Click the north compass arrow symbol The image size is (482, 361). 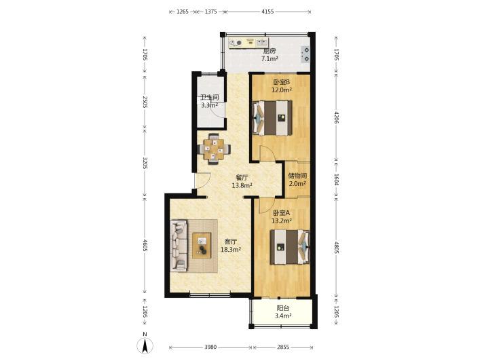(x=145, y=345)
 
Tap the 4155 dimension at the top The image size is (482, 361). (x=267, y=12)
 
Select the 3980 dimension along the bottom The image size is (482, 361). (x=210, y=347)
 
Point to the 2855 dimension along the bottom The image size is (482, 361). (x=283, y=347)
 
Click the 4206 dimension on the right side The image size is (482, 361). (x=336, y=117)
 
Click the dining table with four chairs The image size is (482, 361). (x=215, y=149)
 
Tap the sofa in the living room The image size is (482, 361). (x=179, y=246)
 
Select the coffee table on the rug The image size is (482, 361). (x=202, y=245)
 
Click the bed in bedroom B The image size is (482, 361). (x=272, y=117)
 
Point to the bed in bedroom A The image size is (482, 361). (x=290, y=247)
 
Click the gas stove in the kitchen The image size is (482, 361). (x=305, y=54)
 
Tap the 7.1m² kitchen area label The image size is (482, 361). (x=270, y=58)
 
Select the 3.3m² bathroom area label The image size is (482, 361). (x=209, y=105)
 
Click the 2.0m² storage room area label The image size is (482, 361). (x=297, y=184)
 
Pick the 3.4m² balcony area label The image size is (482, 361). (x=283, y=316)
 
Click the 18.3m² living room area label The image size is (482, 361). (x=231, y=250)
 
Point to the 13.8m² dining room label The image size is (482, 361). (x=242, y=185)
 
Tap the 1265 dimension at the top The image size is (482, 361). (x=183, y=12)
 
